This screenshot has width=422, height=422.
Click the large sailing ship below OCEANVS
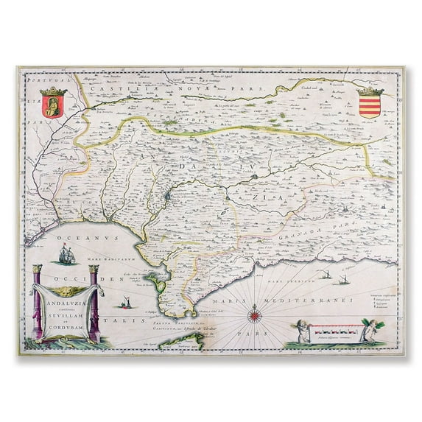point(66,258)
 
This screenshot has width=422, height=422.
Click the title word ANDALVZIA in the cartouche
point(63,309)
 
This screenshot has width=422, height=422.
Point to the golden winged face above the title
point(64,280)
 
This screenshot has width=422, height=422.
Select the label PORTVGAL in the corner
point(47,82)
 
